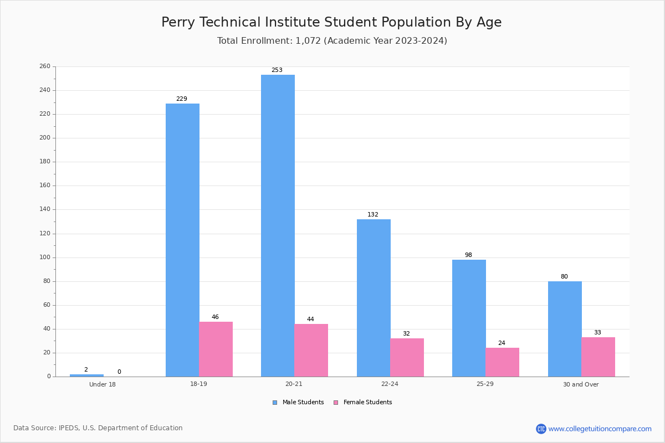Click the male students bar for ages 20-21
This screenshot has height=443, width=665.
(278, 225)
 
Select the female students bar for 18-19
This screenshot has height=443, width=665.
(216, 349)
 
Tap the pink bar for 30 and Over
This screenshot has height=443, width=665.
(598, 357)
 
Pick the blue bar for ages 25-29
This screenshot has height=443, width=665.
(469, 318)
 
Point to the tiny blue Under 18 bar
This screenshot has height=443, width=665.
(86, 375)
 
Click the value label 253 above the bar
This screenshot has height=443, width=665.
(277, 70)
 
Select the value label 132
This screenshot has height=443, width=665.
(373, 214)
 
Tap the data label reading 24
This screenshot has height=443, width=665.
(502, 343)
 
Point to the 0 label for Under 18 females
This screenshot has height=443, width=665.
(119, 372)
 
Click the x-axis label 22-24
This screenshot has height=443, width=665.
(390, 384)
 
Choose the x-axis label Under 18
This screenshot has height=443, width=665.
(103, 384)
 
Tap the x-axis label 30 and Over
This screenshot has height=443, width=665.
(581, 384)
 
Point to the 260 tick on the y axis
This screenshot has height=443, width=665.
(45, 66)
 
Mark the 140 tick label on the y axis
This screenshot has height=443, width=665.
(45, 209)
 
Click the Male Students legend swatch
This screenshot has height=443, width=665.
(275, 403)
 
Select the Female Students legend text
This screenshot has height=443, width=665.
(368, 402)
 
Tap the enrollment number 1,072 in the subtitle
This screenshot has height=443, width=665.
(308, 40)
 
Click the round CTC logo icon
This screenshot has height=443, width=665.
(541, 429)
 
